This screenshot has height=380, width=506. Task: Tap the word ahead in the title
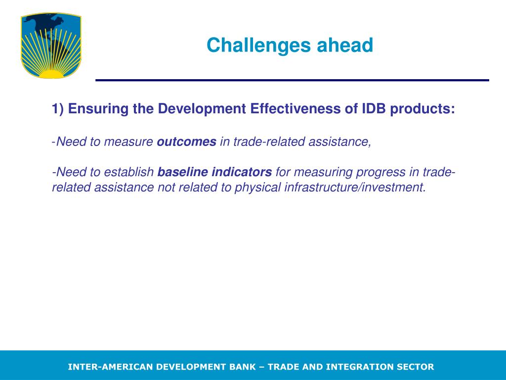point(345,45)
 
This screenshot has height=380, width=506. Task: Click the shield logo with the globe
point(51,45)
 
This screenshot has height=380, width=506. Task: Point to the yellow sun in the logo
point(51,74)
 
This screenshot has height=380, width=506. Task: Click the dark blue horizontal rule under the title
point(293,80)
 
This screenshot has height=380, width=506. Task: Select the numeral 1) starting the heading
point(58,109)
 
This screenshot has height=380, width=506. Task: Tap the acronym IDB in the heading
point(374,108)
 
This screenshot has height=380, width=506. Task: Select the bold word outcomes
point(186,142)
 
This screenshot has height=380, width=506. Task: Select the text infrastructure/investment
point(355,187)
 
